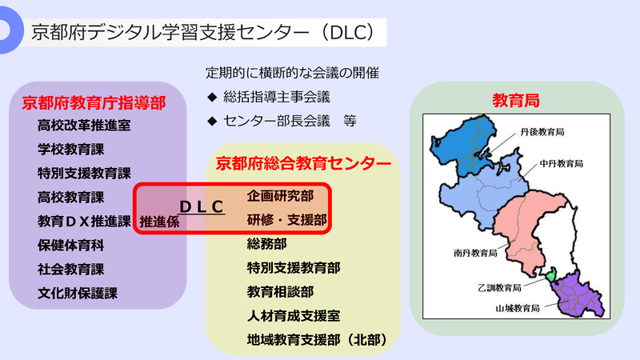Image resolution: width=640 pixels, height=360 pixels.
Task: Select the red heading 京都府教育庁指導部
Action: (x=94, y=103)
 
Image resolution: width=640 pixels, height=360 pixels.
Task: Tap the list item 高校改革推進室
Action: (x=84, y=126)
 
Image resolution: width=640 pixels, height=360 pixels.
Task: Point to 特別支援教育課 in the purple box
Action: (x=84, y=173)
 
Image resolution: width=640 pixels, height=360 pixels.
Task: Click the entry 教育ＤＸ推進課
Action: (x=84, y=221)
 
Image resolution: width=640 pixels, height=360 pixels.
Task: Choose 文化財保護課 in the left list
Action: (x=77, y=293)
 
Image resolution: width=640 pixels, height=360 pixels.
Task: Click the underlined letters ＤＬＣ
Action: (x=199, y=206)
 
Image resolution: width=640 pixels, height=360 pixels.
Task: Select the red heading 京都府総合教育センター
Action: (x=304, y=163)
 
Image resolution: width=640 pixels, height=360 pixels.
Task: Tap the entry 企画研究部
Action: (x=280, y=196)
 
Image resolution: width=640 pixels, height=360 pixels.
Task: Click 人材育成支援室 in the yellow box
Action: (x=294, y=316)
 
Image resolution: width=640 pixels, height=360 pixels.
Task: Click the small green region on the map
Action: (x=551, y=277)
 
